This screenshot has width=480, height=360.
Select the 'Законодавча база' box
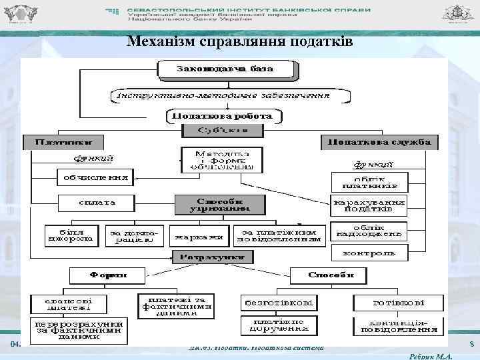(225, 69)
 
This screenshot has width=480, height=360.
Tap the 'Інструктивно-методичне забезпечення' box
(230, 96)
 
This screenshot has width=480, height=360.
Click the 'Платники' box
(65, 142)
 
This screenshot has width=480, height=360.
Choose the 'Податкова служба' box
(380, 142)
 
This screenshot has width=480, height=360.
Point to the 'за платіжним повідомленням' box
(279, 233)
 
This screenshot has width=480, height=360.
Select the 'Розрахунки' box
(211, 257)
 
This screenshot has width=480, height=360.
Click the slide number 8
(471, 345)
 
